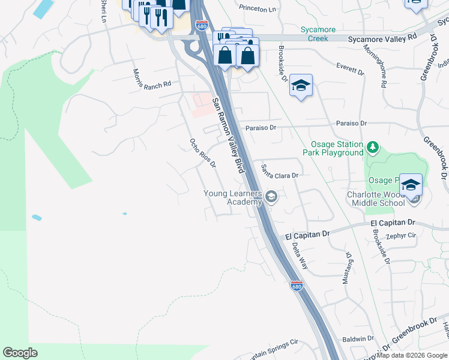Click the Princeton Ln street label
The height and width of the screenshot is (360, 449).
[x=257, y=9]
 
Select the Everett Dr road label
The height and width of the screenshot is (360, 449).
[x=351, y=67]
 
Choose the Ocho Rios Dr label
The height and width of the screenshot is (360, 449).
[x=202, y=153]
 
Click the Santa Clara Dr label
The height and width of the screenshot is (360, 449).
[x=280, y=172]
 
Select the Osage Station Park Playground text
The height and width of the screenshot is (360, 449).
[x=337, y=149]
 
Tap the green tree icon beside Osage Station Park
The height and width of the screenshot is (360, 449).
[x=373, y=146]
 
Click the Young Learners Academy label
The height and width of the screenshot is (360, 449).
[x=232, y=197]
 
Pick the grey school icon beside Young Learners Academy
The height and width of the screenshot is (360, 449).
[x=271, y=197]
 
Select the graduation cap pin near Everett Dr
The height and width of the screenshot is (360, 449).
[x=301, y=85]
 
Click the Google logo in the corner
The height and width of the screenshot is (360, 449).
[x=20, y=353]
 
